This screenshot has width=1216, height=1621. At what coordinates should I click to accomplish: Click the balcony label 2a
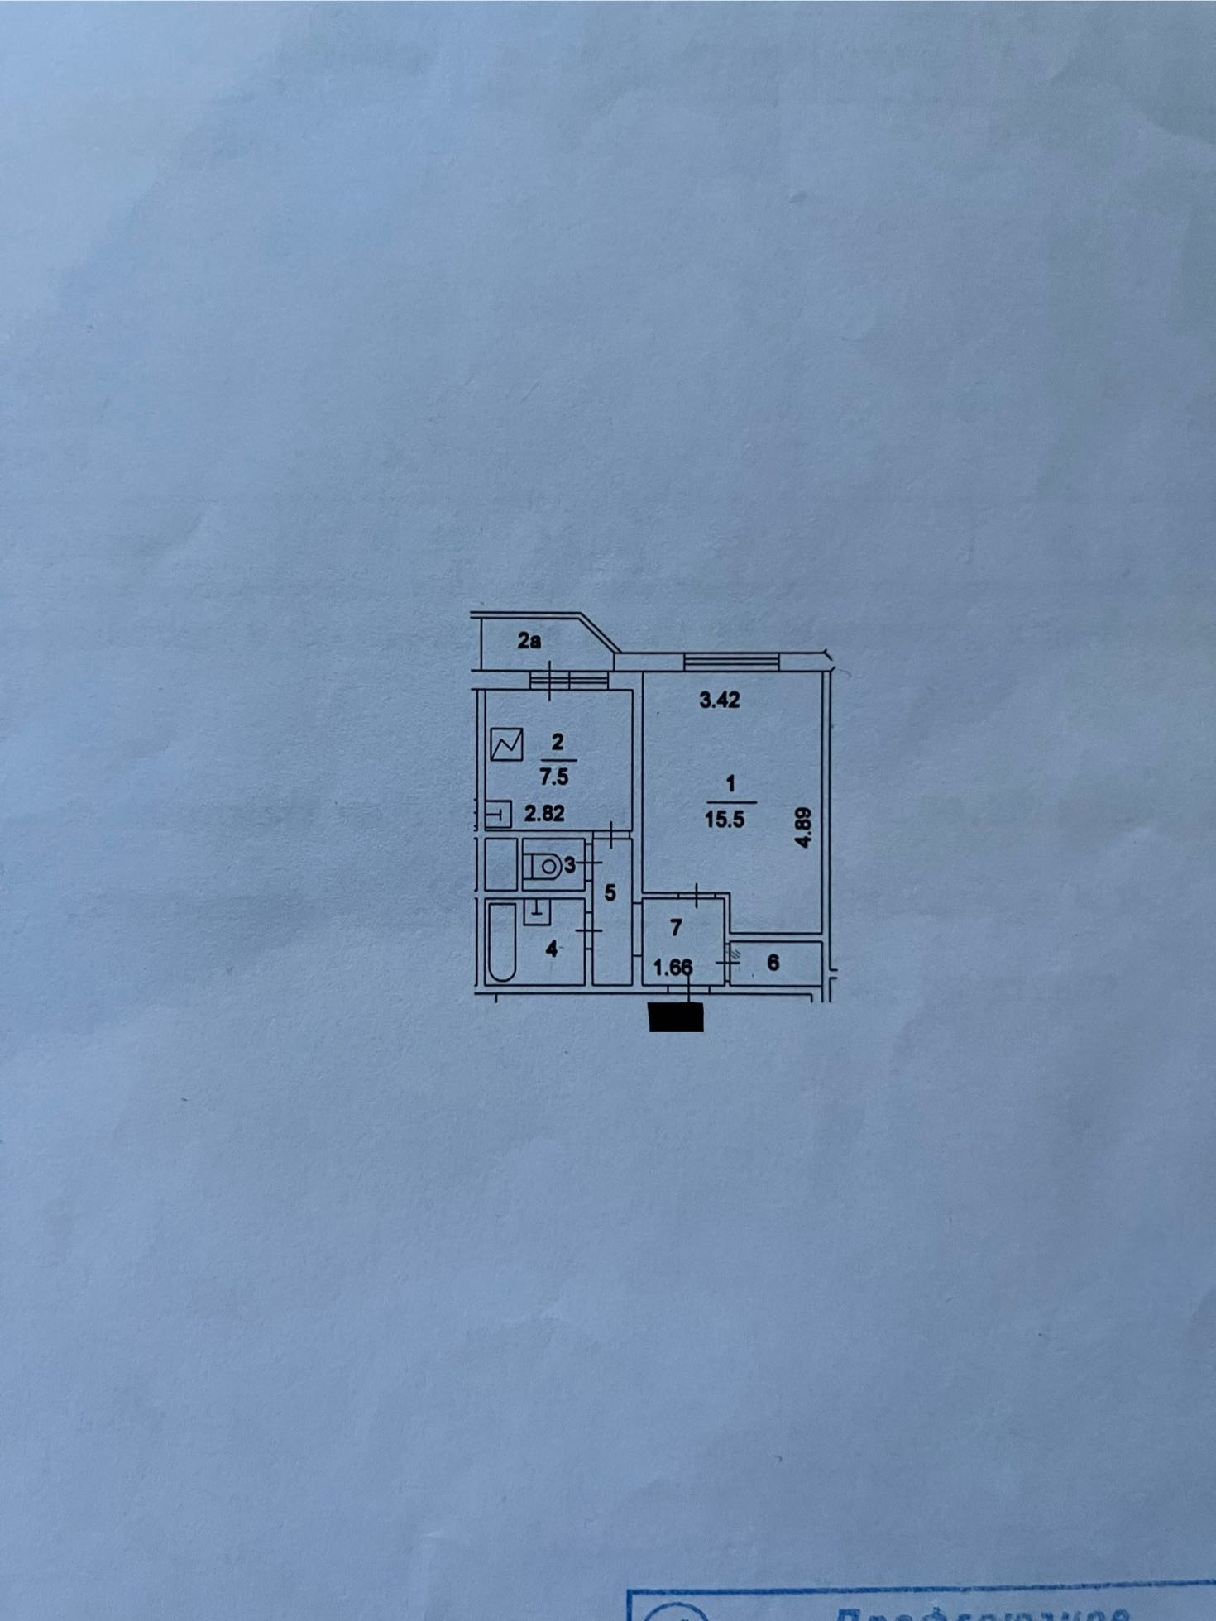click(529, 640)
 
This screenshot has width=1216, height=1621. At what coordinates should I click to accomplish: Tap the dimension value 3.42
click(719, 701)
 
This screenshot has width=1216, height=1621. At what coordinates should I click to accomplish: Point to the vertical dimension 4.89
click(802, 827)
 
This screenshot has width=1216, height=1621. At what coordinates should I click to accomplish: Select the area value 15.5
click(725, 820)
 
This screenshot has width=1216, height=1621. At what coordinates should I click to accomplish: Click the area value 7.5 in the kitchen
click(554, 777)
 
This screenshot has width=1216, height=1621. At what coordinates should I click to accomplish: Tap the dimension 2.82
click(544, 813)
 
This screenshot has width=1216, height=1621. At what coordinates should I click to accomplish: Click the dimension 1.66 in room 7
click(673, 967)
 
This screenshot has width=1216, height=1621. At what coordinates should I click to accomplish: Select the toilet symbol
click(543, 866)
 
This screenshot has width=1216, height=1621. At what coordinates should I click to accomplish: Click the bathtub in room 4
click(500, 942)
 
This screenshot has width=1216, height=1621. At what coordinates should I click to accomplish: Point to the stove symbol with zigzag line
click(506, 744)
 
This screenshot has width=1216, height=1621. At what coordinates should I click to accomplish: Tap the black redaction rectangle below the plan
click(677, 1016)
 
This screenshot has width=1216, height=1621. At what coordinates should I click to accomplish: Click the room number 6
click(773, 962)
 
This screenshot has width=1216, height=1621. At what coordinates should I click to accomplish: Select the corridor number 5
click(610, 893)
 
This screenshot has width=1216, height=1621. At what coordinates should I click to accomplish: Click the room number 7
click(676, 928)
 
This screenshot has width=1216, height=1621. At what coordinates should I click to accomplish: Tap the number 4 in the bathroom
click(552, 949)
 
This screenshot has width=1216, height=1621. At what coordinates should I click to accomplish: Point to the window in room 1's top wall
click(731, 660)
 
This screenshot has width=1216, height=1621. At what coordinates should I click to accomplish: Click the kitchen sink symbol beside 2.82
click(498, 815)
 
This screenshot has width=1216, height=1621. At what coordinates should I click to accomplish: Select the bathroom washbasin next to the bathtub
click(537, 911)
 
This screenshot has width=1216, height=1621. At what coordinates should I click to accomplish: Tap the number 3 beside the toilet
click(569, 865)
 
